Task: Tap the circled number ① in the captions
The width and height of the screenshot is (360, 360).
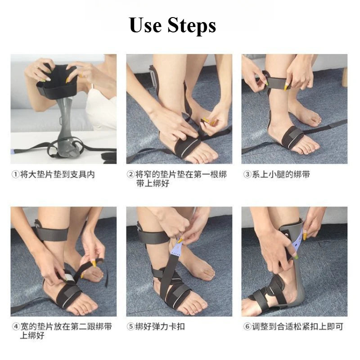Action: coord(15,175)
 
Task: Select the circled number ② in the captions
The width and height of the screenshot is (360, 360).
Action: coord(130,175)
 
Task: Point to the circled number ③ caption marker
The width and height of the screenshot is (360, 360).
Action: coord(247,175)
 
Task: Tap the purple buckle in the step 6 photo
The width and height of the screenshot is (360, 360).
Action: coord(297,241)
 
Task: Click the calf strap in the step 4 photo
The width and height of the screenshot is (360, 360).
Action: coord(52,233)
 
